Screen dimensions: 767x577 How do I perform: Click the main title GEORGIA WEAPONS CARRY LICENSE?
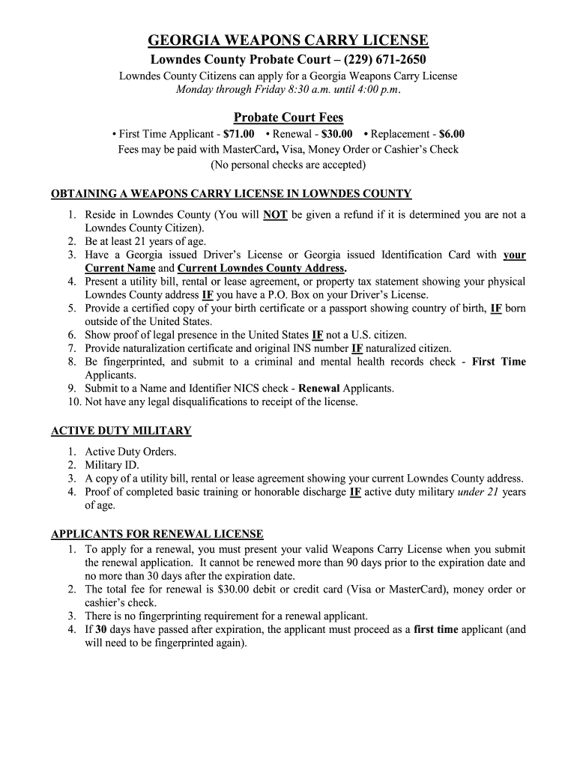288,40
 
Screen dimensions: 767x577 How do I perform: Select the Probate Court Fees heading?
288,118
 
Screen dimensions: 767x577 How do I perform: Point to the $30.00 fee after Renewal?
336,134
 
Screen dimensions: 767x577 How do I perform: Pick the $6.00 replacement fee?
452,134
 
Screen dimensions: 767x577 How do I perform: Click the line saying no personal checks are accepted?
288,164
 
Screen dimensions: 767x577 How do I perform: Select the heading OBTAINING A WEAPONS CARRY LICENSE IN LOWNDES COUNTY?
231,194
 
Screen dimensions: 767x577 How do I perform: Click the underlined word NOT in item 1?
276,215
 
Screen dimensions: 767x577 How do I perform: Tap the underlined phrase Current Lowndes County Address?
261,268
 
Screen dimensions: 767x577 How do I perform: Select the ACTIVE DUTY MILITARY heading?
121,431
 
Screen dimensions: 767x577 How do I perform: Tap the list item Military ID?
110,465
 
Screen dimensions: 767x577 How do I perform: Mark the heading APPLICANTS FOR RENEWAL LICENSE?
157,534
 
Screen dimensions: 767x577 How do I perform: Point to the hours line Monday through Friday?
288,90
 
